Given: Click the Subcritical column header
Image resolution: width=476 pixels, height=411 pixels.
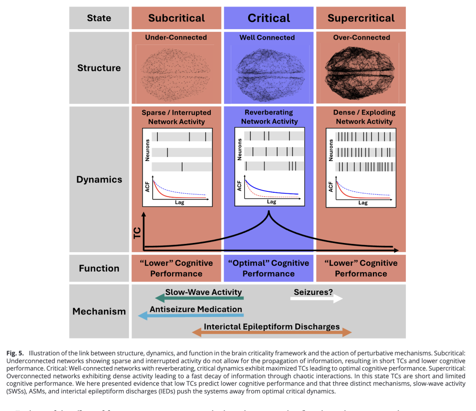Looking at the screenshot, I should click(x=176, y=18).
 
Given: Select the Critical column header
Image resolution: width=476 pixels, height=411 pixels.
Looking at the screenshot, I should click(x=268, y=18).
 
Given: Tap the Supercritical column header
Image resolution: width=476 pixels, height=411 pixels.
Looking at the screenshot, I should click(x=361, y=18).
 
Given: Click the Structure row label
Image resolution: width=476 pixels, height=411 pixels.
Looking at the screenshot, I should click(x=99, y=68).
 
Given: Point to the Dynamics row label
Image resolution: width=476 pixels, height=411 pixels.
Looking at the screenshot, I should click(x=99, y=179).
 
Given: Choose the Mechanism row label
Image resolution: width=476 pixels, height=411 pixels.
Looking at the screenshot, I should click(x=99, y=311).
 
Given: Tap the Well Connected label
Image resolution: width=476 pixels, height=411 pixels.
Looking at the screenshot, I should click(x=267, y=37).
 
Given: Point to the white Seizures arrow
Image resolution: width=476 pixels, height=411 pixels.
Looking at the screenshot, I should click(x=316, y=299).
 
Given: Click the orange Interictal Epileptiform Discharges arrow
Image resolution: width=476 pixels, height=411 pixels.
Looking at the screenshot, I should click(x=272, y=333).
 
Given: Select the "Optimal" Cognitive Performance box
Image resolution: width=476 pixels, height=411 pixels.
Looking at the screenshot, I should click(x=268, y=268).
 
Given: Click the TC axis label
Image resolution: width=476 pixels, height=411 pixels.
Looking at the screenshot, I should click(x=137, y=232).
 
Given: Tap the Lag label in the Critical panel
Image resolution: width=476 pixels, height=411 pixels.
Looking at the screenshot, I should click(x=271, y=202).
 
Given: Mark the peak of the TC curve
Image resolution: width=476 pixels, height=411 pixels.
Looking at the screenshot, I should click(x=268, y=213).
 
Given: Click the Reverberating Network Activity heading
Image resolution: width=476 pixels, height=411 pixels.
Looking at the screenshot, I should click(x=269, y=117).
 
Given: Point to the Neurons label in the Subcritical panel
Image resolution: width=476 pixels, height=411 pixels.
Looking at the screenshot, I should click(x=147, y=150).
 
